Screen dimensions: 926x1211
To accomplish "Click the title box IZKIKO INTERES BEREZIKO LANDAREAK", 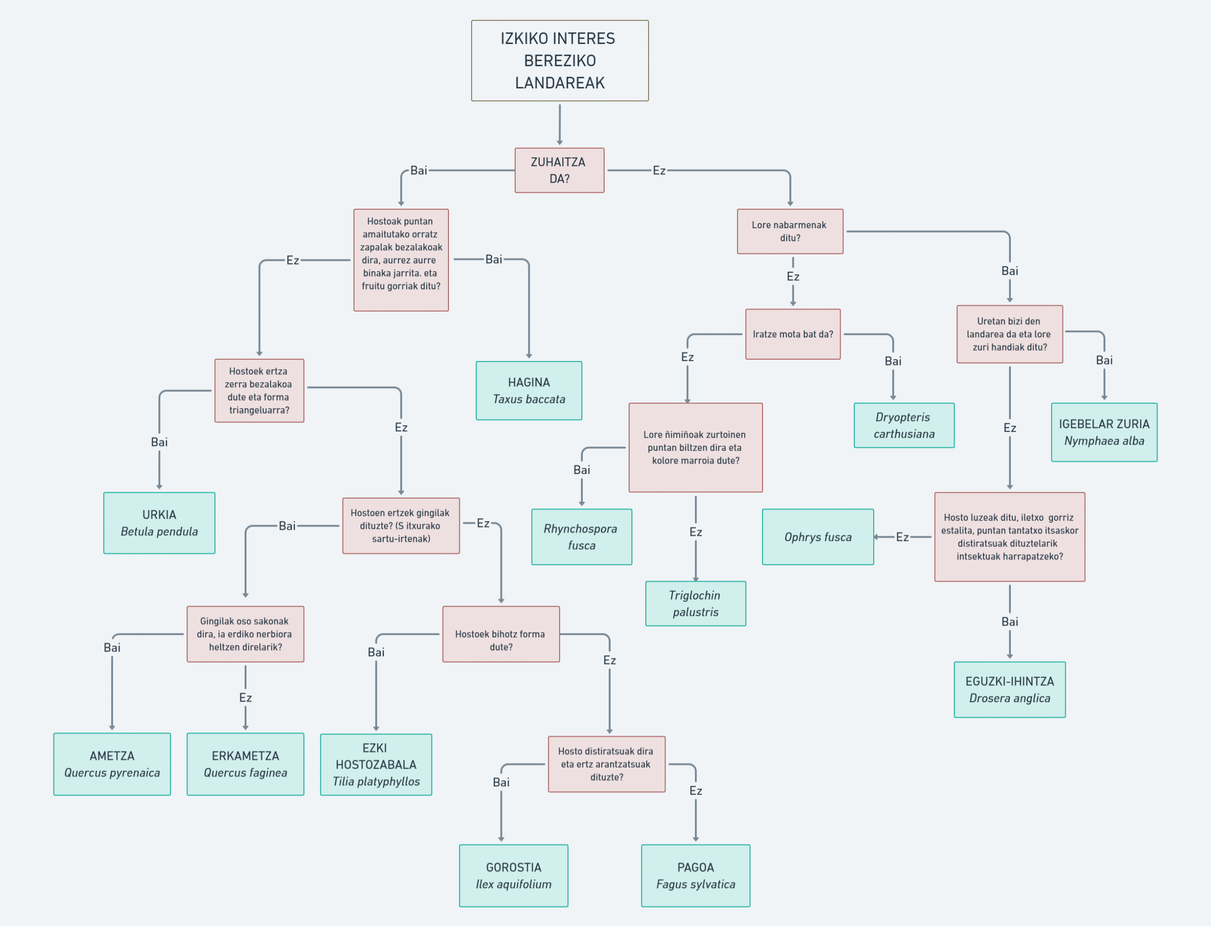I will point(560,61).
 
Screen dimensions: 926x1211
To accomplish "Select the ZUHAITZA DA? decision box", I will point(559,170).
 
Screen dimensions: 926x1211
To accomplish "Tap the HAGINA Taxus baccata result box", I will point(528,391).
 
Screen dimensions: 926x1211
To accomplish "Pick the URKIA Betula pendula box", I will point(159,523).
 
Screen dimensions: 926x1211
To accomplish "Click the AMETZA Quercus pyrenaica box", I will point(112,764).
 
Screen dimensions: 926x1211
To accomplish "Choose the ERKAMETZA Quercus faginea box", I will point(246,764).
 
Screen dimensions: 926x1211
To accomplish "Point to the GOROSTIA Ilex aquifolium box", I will point(513,876).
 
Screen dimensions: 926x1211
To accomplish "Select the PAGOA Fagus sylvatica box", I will point(695,876).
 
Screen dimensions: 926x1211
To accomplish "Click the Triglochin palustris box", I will point(695,604).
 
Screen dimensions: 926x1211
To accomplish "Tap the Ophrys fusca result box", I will point(818,537).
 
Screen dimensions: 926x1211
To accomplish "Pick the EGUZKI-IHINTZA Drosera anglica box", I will point(1009,690).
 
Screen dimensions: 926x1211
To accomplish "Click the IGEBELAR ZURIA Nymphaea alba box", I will point(1104,432).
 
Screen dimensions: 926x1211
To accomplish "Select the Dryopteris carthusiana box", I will point(904,425).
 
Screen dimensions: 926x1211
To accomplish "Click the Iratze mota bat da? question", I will point(793,334).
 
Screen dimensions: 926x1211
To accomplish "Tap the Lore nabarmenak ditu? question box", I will point(790,232).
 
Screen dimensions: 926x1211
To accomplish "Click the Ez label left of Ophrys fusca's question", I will point(902,537).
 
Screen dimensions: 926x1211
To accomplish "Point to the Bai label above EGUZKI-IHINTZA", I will point(1009,622).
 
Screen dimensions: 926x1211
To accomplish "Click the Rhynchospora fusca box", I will point(581,537).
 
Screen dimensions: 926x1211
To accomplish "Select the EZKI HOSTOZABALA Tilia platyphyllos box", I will point(376,764).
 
